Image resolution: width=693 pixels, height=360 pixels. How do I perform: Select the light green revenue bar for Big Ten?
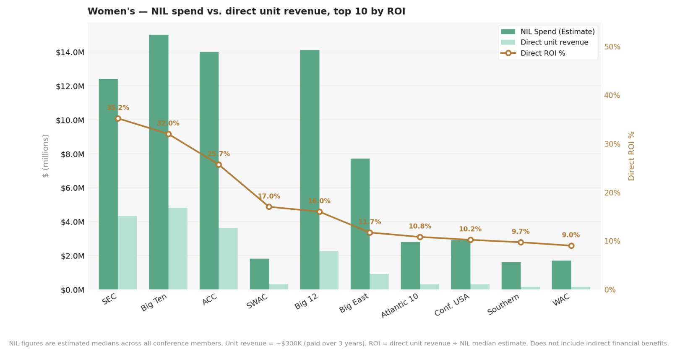click(178, 248)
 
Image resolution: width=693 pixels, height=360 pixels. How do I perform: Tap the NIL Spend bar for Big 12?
click(310, 170)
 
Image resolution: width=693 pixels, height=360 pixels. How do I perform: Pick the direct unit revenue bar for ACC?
click(228, 258)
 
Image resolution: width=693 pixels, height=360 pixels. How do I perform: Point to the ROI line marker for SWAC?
click(269, 207)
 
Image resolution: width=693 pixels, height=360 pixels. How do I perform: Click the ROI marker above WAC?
click(571, 246)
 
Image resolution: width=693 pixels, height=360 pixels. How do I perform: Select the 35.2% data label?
click(118, 108)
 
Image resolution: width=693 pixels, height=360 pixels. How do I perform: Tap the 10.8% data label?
click(420, 226)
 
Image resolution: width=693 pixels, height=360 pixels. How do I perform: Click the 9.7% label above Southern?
click(521, 232)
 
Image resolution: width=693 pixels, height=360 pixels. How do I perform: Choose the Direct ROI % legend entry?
click(543, 53)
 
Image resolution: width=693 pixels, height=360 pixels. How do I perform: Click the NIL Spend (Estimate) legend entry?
click(558, 32)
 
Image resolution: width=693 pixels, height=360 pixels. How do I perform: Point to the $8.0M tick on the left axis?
click(70, 154)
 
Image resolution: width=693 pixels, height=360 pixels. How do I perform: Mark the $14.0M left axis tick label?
click(70, 52)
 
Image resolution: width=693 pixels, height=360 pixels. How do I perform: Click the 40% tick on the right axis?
click(612, 96)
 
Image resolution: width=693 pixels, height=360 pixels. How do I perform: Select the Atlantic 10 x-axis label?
click(400, 305)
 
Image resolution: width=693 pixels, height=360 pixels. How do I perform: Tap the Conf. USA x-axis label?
click(452, 305)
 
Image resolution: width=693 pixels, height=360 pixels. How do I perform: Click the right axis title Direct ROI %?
click(631, 156)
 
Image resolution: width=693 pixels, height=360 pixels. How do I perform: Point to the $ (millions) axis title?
click(45, 156)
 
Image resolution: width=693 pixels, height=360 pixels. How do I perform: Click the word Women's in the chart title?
click(111, 11)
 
